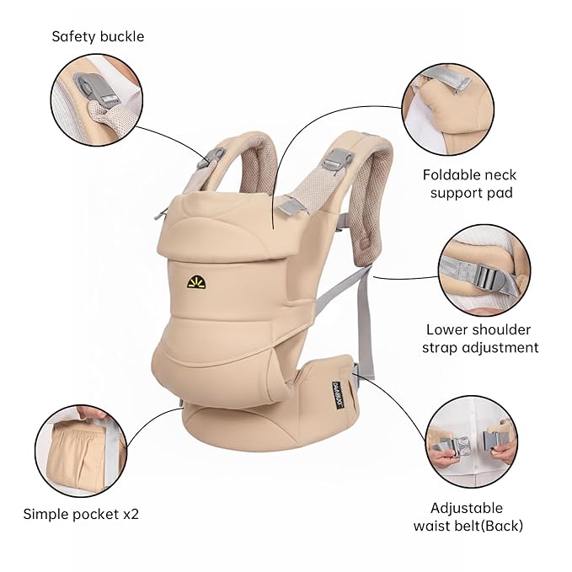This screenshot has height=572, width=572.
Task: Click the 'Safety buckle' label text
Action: pos(98,36)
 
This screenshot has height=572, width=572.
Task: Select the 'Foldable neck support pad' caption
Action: pos(469,184)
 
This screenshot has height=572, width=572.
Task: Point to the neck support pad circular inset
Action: pos(446,109)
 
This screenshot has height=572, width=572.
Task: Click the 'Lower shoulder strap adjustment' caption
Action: pos(482,338)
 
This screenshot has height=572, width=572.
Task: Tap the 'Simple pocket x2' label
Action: pos(81,513)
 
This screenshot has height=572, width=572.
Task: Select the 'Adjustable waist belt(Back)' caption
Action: pos(468,516)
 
